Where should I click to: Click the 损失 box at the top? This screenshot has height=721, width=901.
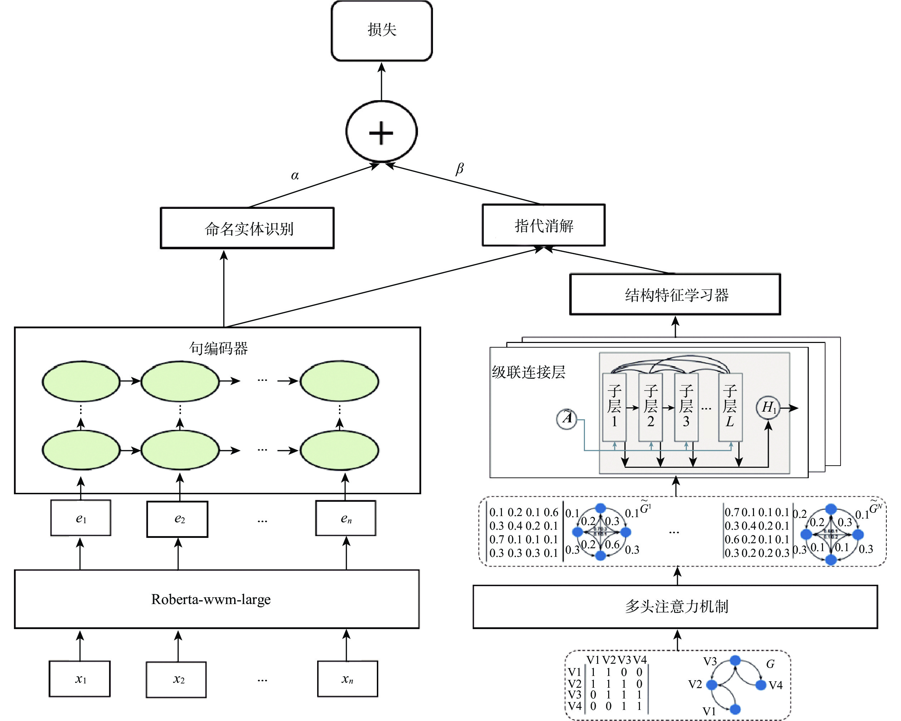click(381, 30)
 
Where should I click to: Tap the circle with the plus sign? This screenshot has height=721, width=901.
click(381, 132)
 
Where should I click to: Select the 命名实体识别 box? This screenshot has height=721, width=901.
click(247, 228)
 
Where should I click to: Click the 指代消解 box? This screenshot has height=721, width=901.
click(543, 226)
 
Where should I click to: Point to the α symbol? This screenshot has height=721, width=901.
click(295, 176)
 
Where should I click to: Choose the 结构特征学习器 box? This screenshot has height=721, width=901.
click(675, 295)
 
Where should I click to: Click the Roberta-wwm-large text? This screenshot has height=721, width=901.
click(211, 599)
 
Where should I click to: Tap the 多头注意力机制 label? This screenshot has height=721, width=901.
click(676, 606)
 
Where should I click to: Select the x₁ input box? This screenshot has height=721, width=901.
click(80, 679)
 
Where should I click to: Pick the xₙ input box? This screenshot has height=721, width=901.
click(347, 679)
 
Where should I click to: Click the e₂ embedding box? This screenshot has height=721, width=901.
click(178, 519)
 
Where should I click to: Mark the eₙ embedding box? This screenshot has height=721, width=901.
click(346, 518)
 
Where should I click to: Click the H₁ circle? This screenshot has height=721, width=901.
click(768, 407)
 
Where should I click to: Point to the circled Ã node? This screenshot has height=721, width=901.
click(567, 418)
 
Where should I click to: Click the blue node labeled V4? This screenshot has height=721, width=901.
click(761, 685)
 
